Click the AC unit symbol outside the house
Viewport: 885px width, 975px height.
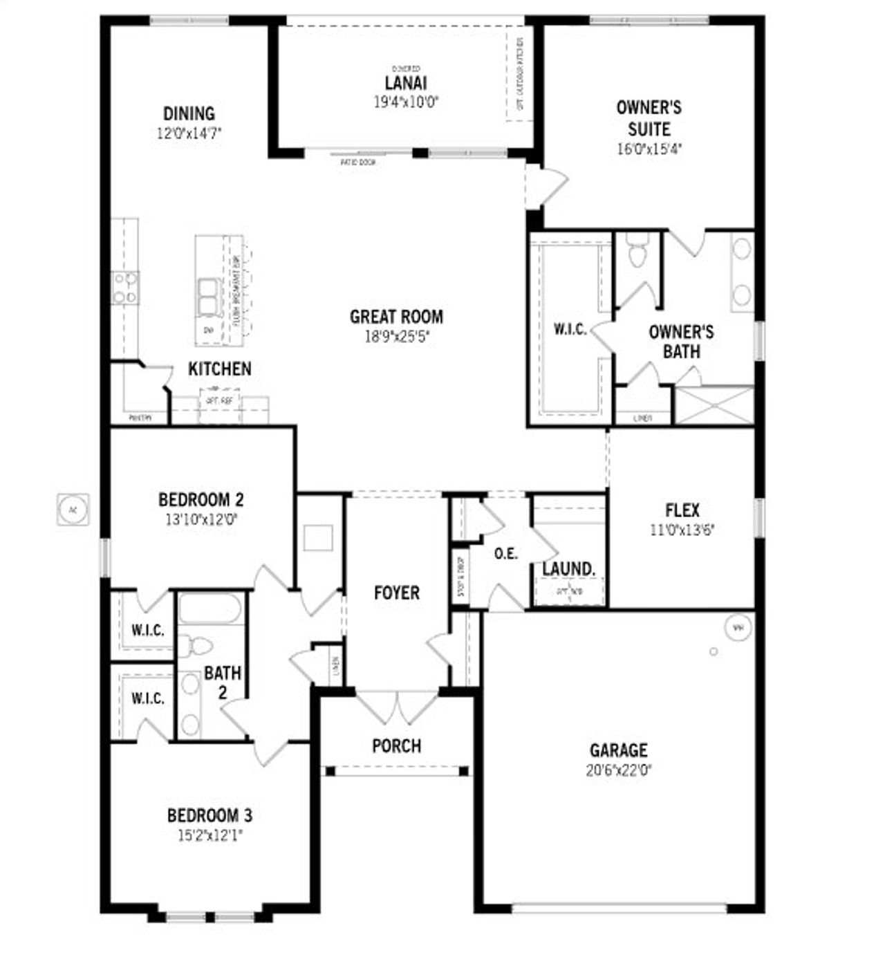point(73,510)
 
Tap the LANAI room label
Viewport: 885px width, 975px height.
point(406,83)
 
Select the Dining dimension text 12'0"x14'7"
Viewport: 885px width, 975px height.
point(189,133)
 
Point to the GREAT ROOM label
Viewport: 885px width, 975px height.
point(396,317)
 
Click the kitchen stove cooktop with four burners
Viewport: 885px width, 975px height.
point(125,288)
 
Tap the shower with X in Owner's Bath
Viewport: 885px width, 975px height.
point(714,405)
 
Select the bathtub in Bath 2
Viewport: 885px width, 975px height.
point(210,609)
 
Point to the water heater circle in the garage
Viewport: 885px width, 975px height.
point(738,628)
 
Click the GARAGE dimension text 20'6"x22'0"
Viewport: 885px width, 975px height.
point(619,770)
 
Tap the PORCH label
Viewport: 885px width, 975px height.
point(396,746)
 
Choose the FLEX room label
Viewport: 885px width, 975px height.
point(682,511)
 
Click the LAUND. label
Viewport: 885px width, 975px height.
point(568,570)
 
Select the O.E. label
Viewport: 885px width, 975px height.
point(506,554)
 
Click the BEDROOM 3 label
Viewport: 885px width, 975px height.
point(209,816)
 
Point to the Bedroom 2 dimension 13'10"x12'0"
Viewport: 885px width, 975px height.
point(201,519)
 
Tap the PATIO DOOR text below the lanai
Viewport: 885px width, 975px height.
point(358,162)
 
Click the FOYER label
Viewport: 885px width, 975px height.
point(396,593)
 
